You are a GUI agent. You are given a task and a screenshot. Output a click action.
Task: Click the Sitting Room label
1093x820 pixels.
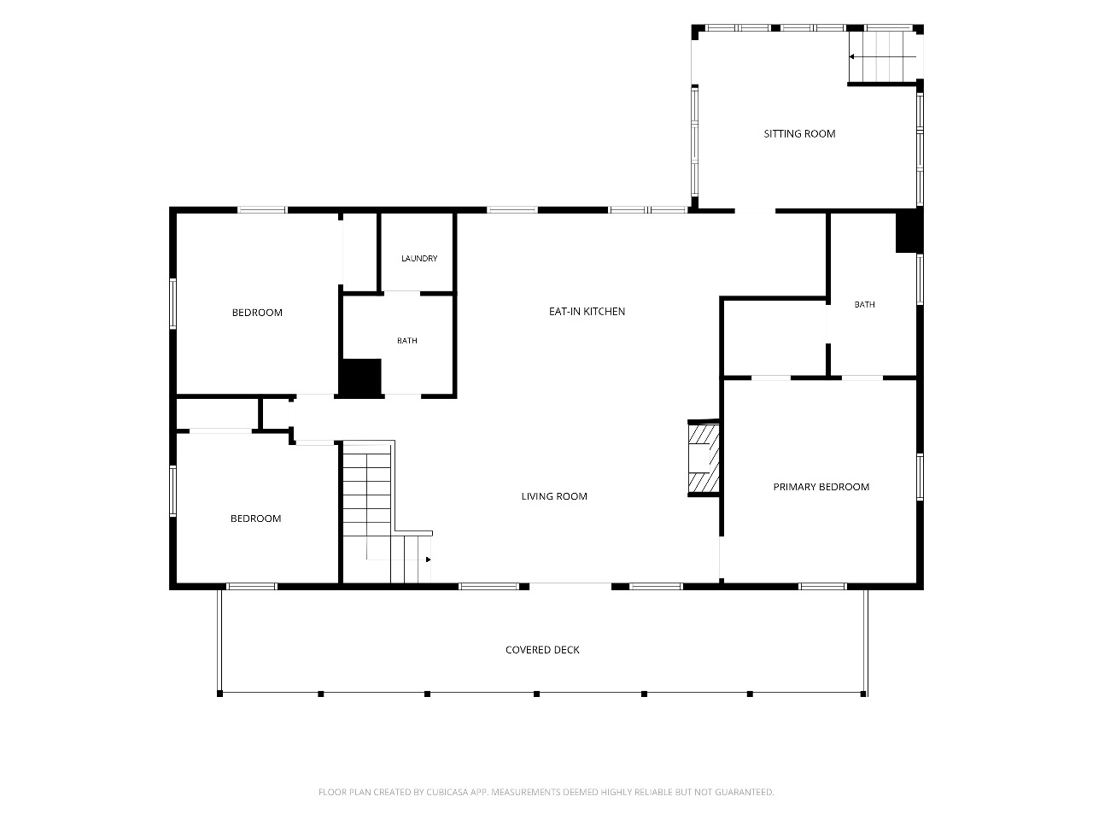(x=799, y=133)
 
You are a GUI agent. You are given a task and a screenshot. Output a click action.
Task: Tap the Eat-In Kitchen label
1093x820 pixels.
(x=587, y=311)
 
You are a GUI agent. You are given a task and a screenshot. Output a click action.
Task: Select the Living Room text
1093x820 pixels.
(x=554, y=496)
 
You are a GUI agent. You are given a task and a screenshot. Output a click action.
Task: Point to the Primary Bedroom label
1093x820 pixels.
(x=821, y=486)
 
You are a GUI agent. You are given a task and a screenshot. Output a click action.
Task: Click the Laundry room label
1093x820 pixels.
(x=419, y=258)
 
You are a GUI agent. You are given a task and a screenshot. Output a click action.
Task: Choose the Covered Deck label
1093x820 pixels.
(x=542, y=650)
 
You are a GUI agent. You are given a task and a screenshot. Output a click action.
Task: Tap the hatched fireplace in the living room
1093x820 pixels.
(x=704, y=458)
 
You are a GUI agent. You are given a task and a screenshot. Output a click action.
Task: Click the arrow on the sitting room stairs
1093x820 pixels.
(x=882, y=56)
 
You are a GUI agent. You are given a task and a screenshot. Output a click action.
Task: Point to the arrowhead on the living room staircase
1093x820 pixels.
(x=429, y=559)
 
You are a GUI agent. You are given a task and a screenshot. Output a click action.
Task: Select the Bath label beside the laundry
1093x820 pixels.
(x=406, y=341)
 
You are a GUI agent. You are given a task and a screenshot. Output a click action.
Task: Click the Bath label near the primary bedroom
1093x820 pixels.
(x=864, y=304)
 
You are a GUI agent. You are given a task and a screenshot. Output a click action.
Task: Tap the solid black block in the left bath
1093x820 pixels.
(x=360, y=377)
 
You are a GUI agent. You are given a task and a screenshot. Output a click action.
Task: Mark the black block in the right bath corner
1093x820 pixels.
(x=909, y=231)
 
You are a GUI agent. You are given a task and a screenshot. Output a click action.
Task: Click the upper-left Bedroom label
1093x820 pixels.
(x=257, y=312)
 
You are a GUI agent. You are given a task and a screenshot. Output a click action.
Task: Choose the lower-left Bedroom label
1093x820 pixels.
(x=255, y=518)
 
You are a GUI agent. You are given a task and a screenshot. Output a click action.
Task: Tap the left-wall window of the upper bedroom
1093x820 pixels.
(x=172, y=304)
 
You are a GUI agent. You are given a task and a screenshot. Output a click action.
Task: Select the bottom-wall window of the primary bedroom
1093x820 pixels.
(x=822, y=587)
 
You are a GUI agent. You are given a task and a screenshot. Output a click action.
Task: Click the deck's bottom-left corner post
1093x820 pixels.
(x=219, y=694)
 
